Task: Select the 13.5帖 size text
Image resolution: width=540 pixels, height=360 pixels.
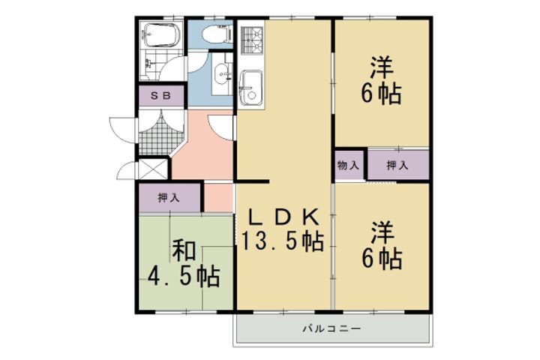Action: [x=283, y=242]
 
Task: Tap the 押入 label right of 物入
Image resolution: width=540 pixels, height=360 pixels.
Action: [x=397, y=164]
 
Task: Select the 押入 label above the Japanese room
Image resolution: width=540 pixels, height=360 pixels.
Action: [x=169, y=198]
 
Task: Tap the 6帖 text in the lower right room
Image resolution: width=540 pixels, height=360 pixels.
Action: [x=382, y=259]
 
